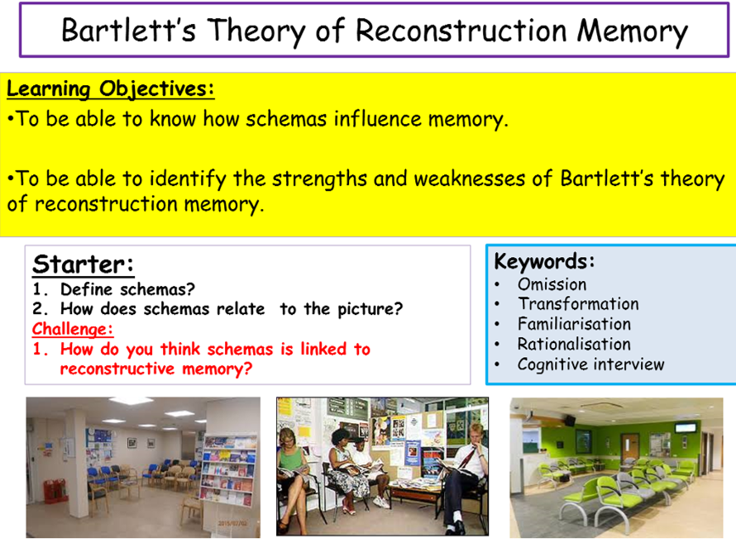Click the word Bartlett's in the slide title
coord(128,31)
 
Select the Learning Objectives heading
coord(110,88)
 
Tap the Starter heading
coord(83,264)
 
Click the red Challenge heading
coord(73,329)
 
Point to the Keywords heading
coord(544,261)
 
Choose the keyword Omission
coord(552,284)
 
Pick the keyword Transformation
coord(578,304)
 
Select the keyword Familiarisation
coord(574,324)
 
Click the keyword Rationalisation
coord(574,345)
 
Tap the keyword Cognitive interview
coord(591,364)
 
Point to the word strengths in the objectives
coord(319,179)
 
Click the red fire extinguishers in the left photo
coord(55,491)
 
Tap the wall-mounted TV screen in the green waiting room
coord(686,428)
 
